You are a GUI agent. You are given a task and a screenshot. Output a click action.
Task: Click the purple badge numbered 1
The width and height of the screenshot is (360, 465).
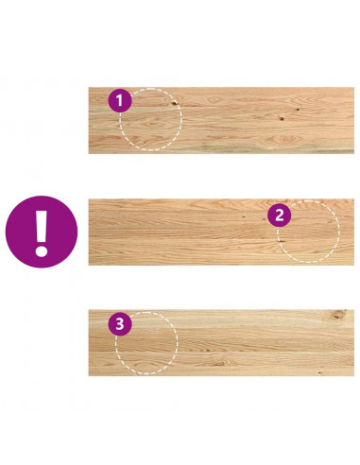[x=120, y=100]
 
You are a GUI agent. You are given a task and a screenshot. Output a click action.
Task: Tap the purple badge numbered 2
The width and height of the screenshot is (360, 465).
[x=279, y=215]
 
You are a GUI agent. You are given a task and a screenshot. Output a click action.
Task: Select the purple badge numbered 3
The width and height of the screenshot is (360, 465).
[x=120, y=323]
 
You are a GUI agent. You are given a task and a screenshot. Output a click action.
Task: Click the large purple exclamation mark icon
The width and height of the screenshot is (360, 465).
[x=42, y=232]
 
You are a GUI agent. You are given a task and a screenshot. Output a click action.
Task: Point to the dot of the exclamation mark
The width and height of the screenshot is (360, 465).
[x=42, y=251]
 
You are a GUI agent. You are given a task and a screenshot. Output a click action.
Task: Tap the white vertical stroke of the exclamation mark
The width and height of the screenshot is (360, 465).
[x=42, y=226]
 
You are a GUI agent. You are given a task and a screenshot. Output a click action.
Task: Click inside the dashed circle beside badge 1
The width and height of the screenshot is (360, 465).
[x=151, y=119]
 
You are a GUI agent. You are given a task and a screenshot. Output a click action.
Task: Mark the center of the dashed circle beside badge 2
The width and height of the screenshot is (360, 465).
[x=308, y=232]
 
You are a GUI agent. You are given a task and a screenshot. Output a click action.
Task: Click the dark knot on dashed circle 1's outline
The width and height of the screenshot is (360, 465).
[x=174, y=102]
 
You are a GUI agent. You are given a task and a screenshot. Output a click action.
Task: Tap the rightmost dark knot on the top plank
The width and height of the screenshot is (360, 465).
[x=298, y=110]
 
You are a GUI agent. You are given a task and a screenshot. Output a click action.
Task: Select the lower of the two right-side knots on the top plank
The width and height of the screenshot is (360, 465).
[x=282, y=119]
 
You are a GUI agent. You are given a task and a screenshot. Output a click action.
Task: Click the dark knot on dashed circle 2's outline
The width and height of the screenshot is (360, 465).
[x=281, y=241]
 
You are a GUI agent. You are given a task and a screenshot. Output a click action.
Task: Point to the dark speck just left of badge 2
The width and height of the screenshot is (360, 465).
[x=245, y=216]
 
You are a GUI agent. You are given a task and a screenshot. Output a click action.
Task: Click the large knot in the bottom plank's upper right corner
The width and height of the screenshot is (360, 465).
[x=338, y=315]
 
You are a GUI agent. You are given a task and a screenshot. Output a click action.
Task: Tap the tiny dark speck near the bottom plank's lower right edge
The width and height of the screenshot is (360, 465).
[x=320, y=372]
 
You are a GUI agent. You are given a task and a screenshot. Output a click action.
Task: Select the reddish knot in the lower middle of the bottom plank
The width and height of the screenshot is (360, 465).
[x=220, y=364]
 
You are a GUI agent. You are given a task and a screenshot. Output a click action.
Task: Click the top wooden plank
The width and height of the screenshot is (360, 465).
[x=221, y=120]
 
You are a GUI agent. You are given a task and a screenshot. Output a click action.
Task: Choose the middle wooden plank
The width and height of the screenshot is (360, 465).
[x=221, y=232]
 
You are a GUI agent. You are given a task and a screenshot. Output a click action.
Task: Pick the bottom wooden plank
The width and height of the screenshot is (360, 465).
[x=221, y=343]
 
